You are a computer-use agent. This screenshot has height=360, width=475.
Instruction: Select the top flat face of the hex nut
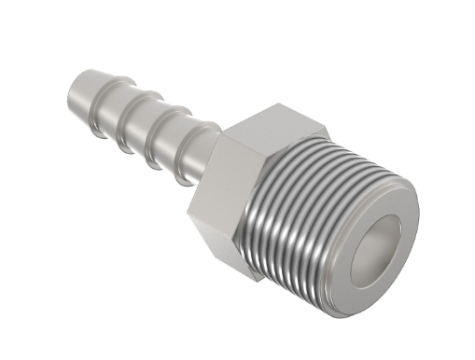[x=276, y=125]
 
